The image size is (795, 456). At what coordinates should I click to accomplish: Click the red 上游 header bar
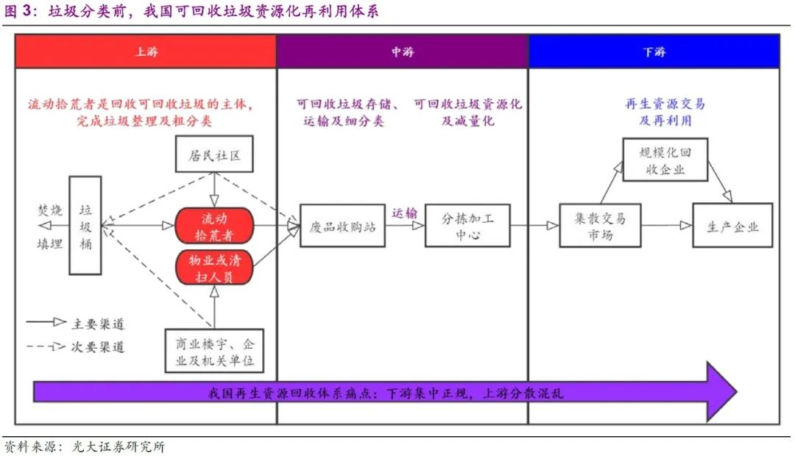click(146, 52)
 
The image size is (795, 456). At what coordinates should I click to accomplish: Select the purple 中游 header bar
click(402, 52)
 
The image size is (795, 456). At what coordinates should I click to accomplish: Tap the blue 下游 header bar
click(654, 52)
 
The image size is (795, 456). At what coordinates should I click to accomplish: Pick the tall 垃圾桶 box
click(85, 225)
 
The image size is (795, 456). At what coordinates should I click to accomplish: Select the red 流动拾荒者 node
click(214, 226)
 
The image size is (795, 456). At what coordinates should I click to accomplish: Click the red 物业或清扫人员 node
click(214, 268)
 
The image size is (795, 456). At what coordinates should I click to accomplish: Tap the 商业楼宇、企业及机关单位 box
click(214, 352)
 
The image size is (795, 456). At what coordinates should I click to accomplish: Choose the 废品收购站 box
click(343, 226)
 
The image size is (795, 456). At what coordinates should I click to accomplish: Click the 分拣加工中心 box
click(467, 226)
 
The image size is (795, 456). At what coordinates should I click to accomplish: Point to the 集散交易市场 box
click(600, 226)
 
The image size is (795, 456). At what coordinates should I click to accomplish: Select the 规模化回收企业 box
click(665, 160)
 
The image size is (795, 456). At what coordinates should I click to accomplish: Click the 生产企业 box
click(732, 226)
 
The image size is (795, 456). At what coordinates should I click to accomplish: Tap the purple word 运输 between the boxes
click(404, 213)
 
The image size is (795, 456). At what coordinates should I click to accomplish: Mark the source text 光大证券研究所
click(119, 446)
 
